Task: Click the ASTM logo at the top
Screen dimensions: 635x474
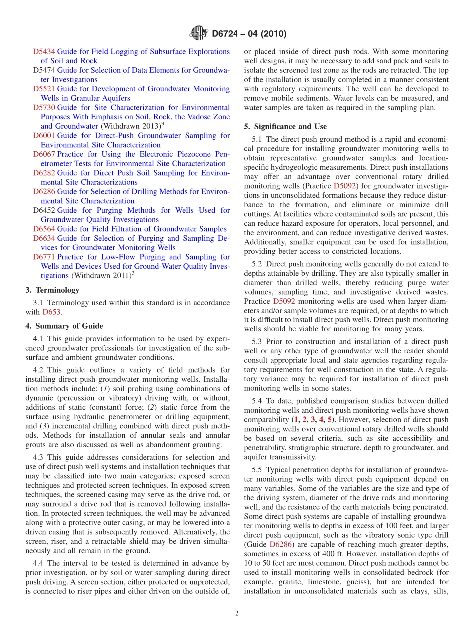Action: coord(199,34)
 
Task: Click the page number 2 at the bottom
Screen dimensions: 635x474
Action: coord(237,613)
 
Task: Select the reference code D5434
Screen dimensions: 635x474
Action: coord(44,52)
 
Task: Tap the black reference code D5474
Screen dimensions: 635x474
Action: coord(44,70)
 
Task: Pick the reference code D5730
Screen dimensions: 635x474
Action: coord(44,108)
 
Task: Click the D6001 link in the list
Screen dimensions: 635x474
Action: coord(44,136)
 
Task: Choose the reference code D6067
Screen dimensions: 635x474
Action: coord(44,154)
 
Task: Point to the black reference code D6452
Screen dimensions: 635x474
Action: coord(44,210)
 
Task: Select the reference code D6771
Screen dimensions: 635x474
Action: coord(44,257)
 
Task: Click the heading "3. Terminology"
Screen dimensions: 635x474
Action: coord(52,290)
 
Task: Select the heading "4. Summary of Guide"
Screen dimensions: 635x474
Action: coord(64,326)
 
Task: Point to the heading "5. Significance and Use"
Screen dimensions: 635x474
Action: coord(285,127)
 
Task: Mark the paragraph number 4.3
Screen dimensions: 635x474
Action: coord(39,457)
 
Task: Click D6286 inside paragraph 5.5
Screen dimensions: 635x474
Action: coord(279,545)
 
